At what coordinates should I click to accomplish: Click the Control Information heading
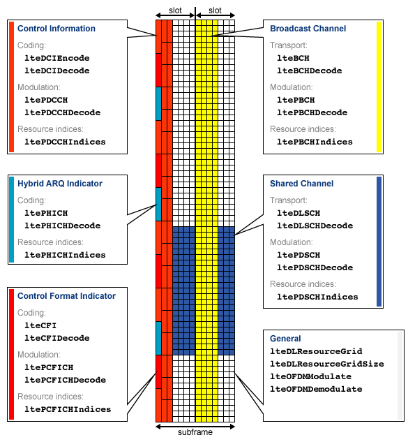(x=56, y=29)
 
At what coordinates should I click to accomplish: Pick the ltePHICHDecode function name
(x=62, y=226)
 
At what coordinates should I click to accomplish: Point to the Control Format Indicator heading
(x=66, y=296)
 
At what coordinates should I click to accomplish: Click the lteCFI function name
(x=40, y=325)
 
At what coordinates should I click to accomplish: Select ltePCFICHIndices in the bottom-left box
(x=68, y=409)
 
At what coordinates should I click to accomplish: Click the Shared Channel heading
(x=301, y=184)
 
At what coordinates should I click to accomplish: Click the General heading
(x=285, y=339)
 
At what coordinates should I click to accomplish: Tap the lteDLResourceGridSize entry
(x=327, y=363)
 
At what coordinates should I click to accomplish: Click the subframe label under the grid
(x=195, y=432)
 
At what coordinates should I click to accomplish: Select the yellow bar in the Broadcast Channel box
(x=379, y=87)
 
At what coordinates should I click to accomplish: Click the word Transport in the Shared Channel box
(x=289, y=198)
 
